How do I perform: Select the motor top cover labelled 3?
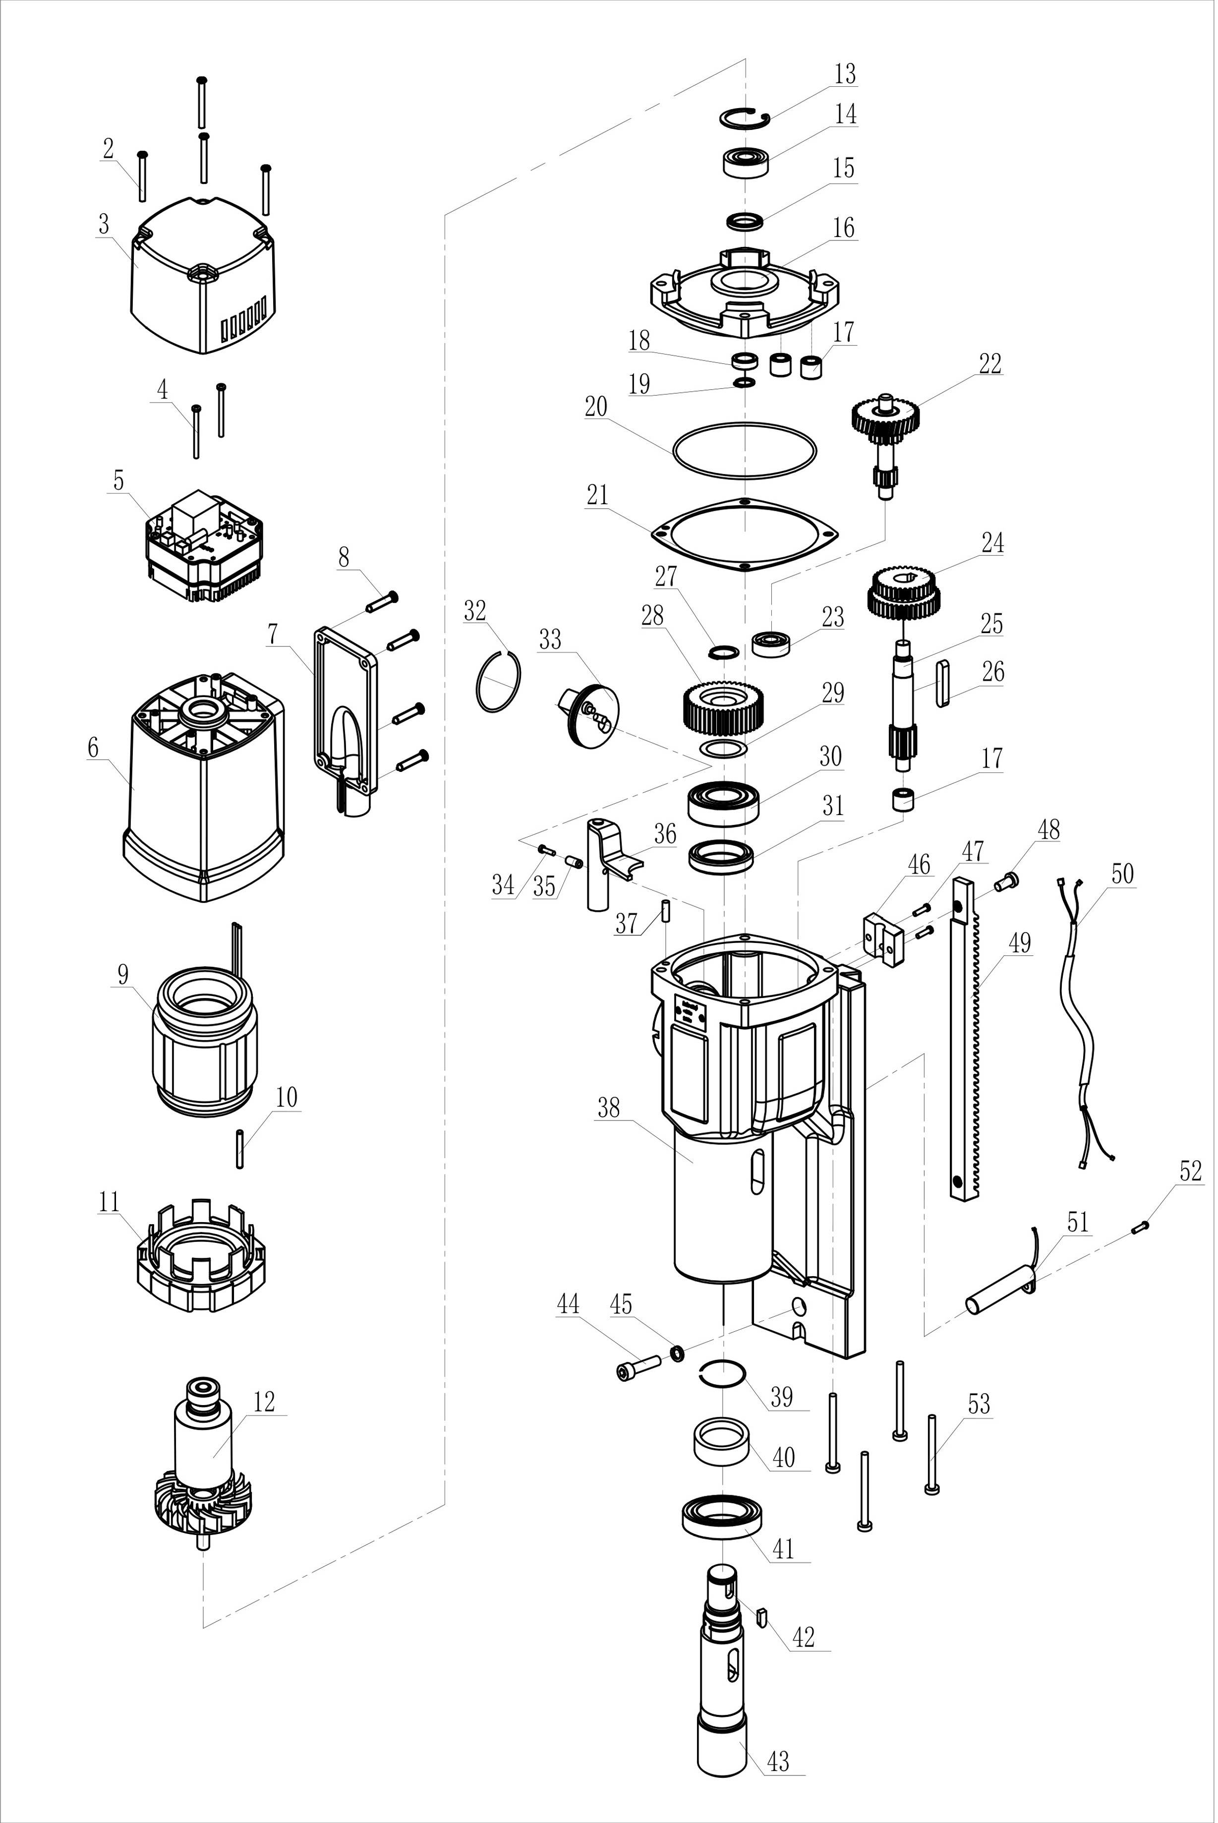(x=204, y=284)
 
